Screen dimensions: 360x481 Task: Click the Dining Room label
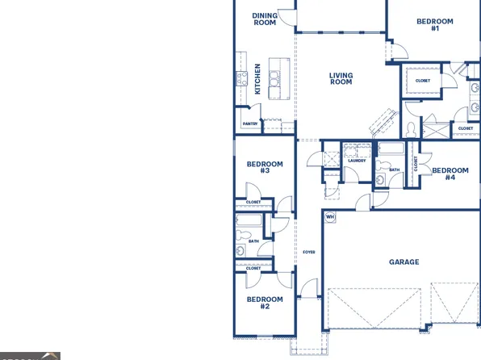pos(264,19)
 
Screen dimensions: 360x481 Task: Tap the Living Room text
pos(341,78)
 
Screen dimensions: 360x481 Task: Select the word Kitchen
pos(258,79)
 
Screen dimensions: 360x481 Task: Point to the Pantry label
pos(250,123)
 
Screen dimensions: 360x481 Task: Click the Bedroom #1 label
pos(434,25)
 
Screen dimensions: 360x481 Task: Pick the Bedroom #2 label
pos(264,303)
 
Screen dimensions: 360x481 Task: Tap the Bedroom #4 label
pos(450,174)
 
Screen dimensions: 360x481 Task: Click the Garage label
pos(404,262)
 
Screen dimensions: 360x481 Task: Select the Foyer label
pos(308,252)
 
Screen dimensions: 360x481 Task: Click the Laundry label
pos(357,161)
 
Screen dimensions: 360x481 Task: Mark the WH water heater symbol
pos(329,217)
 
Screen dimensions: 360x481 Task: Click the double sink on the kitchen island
pos(275,77)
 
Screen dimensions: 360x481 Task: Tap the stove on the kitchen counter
pos(240,78)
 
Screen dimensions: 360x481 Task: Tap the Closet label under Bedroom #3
pos(253,201)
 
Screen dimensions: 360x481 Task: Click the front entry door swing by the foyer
pos(308,288)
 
